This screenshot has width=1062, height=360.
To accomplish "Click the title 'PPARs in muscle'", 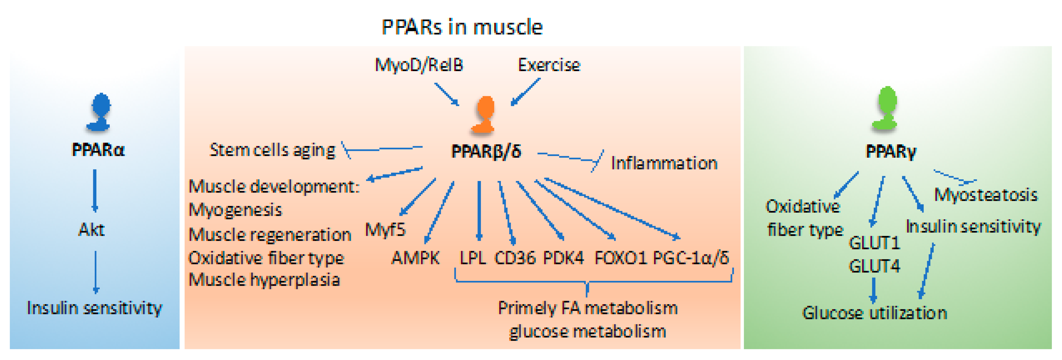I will (x=462, y=27).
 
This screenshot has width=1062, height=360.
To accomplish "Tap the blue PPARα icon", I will (x=99, y=112).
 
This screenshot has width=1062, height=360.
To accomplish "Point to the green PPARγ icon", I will (x=886, y=108).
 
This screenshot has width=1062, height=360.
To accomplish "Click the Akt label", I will (x=91, y=230).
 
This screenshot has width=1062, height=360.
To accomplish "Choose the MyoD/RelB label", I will (x=418, y=65).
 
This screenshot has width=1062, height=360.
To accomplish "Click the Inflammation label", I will (x=664, y=163).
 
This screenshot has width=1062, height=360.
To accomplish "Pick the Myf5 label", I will (x=385, y=229).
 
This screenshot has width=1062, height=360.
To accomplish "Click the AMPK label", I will (x=415, y=258).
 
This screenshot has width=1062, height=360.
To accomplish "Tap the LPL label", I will (x=472, y=258).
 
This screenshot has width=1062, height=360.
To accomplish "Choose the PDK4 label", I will (x=563, y=258).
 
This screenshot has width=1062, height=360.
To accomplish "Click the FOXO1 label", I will (x=620, y=258).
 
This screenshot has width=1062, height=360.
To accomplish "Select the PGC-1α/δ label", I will (x=691, y=258).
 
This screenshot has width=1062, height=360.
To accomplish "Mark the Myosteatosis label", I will (x=985, y=195).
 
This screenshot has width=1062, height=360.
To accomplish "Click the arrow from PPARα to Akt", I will (x=95, y=191).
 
